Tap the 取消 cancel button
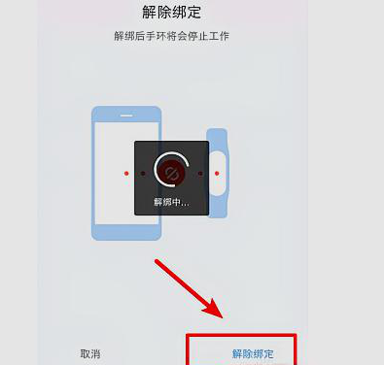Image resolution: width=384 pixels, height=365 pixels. coord(89,353)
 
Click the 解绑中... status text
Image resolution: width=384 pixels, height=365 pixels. coord(171,202)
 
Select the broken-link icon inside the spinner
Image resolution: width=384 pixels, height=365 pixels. coord(170,172)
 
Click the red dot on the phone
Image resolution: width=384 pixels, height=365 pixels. coord(127,173)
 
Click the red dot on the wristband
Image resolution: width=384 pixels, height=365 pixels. coord(216,173)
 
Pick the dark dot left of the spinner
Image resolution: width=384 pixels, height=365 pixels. coord(142,173)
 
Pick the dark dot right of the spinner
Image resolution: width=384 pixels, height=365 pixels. coord(200,173)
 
